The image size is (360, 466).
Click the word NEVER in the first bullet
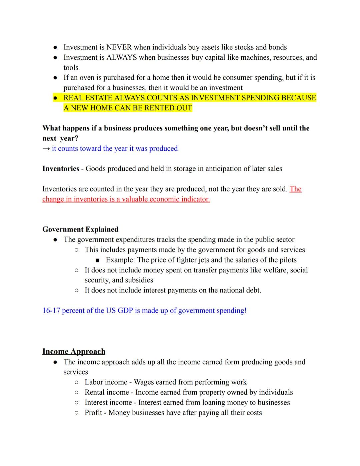click(119, 47)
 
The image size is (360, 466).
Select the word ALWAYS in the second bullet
click(121, 57)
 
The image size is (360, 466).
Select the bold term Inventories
click(61, 169)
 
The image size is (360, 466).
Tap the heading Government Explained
click(80, 229)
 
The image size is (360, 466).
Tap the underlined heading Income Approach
click(74, 352)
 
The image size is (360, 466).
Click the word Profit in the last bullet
click(93, 413)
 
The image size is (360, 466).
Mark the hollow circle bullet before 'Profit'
click(76, 413)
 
